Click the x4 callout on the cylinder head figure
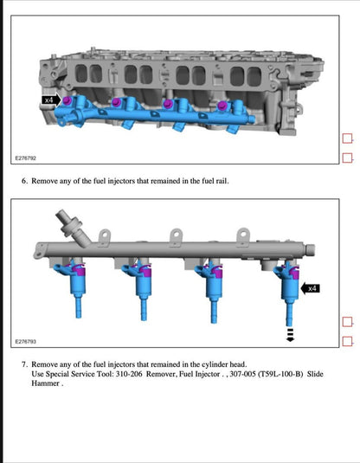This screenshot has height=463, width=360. [50, 101]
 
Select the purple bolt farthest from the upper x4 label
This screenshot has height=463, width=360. [222, 106]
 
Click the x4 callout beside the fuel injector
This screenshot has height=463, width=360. [312, 288]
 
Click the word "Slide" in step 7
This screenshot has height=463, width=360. [322, 374]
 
